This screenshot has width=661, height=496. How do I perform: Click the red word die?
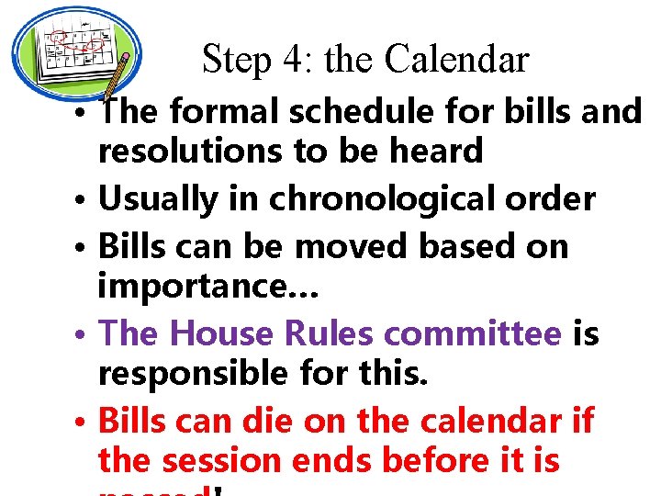point(268,421)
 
